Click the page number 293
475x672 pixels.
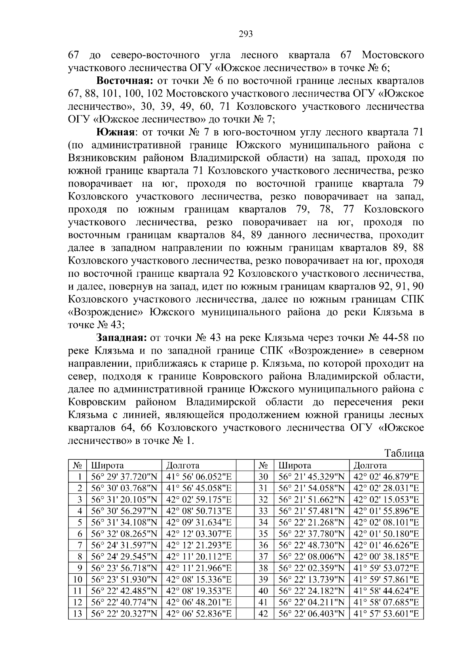(246, 34)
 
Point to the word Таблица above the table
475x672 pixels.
(404, 453)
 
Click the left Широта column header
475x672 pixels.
(108, 465)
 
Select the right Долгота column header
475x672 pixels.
(370, 465)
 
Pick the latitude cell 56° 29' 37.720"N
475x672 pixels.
(124, 477)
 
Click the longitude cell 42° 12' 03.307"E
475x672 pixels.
(199, 534)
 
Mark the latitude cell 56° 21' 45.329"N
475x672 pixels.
(312, 477)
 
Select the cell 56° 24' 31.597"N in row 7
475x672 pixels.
(124, 545)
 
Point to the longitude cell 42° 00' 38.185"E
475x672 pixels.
(386, 557)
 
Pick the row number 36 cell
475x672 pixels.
(263, 545)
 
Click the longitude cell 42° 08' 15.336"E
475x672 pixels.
(199, 580)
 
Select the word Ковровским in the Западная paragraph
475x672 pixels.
(99, 402)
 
